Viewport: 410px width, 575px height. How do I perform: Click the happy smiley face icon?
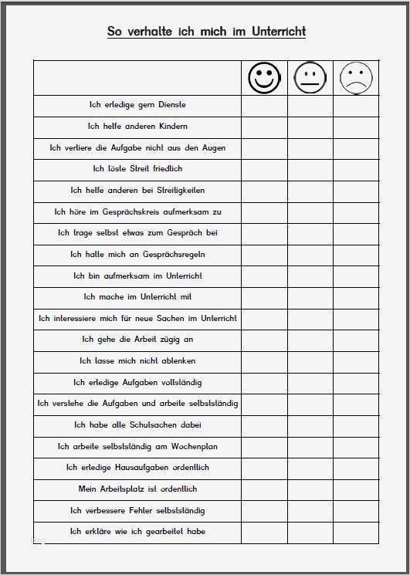264,78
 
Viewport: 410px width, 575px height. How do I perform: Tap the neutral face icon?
310,78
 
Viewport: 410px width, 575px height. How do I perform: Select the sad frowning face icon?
356,78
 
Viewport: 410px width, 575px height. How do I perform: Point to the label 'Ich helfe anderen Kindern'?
137,126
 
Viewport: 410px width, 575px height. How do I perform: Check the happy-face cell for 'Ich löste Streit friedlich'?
264,168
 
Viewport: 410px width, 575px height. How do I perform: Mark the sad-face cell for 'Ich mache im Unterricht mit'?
356,296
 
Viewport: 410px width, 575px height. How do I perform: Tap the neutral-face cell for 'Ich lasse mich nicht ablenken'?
310,360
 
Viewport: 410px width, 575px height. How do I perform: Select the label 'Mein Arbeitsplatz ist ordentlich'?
137,489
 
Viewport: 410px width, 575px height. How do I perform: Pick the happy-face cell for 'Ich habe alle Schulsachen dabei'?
264,424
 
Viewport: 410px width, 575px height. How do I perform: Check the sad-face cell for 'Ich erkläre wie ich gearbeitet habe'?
356,531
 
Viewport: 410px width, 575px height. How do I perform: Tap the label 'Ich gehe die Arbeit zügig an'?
137,339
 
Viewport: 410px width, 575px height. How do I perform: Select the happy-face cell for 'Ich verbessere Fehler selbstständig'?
264,510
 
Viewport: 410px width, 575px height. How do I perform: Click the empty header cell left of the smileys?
137,78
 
